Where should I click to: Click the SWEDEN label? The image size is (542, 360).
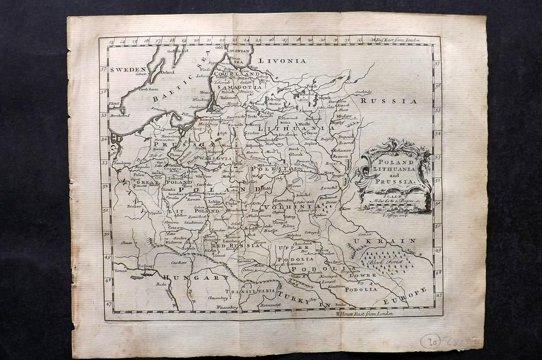click(x=129, y=70)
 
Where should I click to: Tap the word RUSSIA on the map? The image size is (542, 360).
click(x=389, y=101)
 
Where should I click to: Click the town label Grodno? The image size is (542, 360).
click(x=251, y=133)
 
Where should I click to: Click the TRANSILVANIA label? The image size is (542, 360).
click(x=257, y=291)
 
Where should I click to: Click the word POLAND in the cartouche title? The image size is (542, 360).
click(x=393, y=163)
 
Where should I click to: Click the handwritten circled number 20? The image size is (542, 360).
click(x=431, y=341)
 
